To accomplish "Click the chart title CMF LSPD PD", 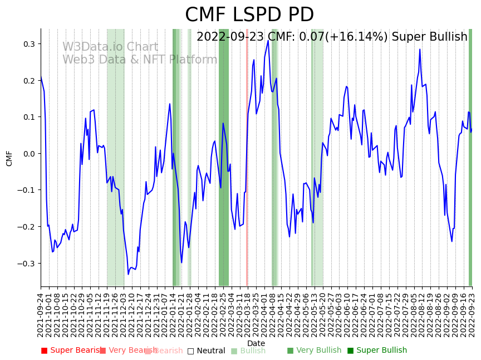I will click(x=249, y=15).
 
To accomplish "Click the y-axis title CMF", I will click(x=9, y=158).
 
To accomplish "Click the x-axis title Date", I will click(x=256, y=343).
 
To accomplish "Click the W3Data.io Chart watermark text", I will click(x=110, y=47).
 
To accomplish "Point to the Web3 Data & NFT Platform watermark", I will click(x=140, y=60).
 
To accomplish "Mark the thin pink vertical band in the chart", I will click(x=247, y=167).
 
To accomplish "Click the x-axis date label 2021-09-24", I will click(x=41, y=315).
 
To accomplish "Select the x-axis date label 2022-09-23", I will click(x=472, y=315).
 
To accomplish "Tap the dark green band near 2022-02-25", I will click(x=224, y=167).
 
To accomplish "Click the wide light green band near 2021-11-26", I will click(x=116, y=167).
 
